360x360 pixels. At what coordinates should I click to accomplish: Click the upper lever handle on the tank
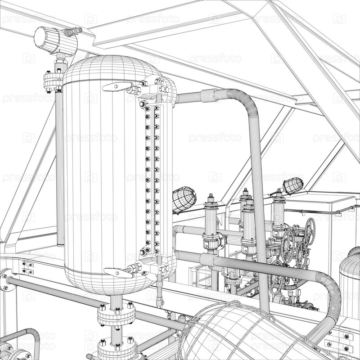pyautogui.click(x=117, y=87)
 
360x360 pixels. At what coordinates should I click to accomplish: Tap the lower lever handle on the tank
pyautogui.click(x=117, y=273)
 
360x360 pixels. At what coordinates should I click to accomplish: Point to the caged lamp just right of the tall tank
pyautogui.click(x=184, y=200)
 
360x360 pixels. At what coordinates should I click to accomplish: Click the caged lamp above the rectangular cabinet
pyautogui.click(x=293, y=185)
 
